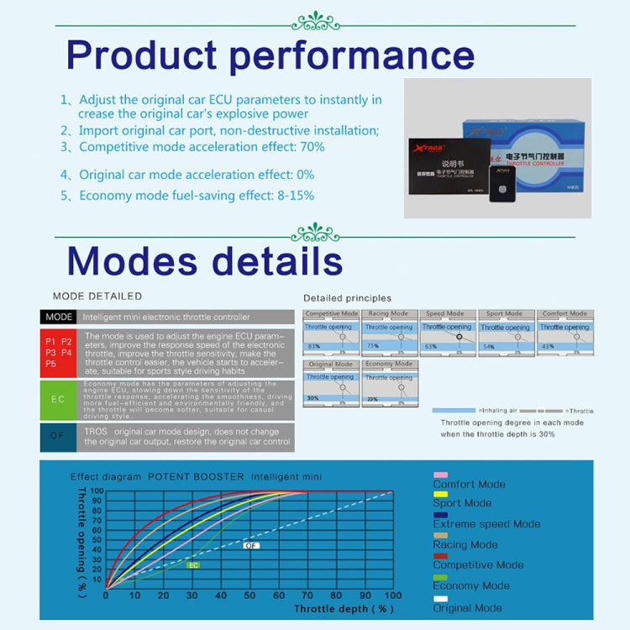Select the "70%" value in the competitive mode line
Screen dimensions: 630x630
[312, 147]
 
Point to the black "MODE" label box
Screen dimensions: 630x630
[59, 318]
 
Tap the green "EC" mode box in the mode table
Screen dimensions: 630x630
[58, 399]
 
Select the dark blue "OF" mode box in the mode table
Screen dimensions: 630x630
[58, 436]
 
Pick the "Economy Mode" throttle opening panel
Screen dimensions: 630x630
[389, 383]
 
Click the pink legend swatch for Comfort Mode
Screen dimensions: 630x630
[440, 475]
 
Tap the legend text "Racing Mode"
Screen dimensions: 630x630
[465, 544]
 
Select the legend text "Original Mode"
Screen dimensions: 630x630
[467, 607]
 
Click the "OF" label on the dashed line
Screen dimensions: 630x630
[251, 545]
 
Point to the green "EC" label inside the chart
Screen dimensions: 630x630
[193, 565]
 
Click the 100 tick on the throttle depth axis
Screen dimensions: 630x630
[392, 596]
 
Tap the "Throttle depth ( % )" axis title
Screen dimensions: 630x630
[344, 608]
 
